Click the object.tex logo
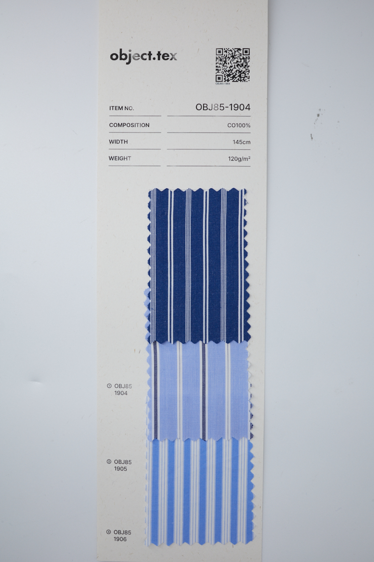click(x=143, y=57)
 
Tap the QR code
click(x=233, y=65)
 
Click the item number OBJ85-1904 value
click(x=223, y=107)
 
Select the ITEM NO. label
click(x=122, y=108)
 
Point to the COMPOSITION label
click(x=129, y=125)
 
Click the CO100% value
click(x=239, y=126)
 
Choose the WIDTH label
click(x=118, y=142)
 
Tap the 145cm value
click(x=242, y=142)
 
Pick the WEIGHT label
click(x=120, y=158)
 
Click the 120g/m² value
click(x=239, y=159)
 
